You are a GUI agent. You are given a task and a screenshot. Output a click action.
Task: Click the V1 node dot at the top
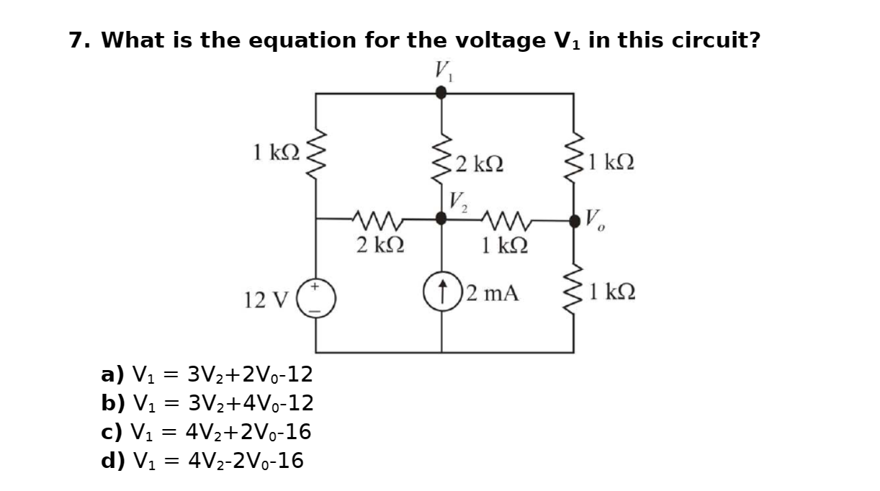pyautogui.click(x=441, y=92)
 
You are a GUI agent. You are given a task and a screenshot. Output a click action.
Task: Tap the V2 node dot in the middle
pyautogui.click(x=441, y=218)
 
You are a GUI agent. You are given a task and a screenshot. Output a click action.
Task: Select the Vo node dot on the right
pyautogui.click(x=574, y=220)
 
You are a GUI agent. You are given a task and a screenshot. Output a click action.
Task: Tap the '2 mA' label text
pyautogui.click(x=493, y=293)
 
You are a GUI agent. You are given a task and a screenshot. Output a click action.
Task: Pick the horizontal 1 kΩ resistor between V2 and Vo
pyautogui.click(x=508, y=218)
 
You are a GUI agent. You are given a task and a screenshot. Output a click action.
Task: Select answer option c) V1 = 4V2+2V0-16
pyautogui.click(x=206, y=432)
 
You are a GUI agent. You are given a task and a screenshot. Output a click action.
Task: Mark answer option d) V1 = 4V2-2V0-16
pyautogui.click(x=202, y=460)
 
